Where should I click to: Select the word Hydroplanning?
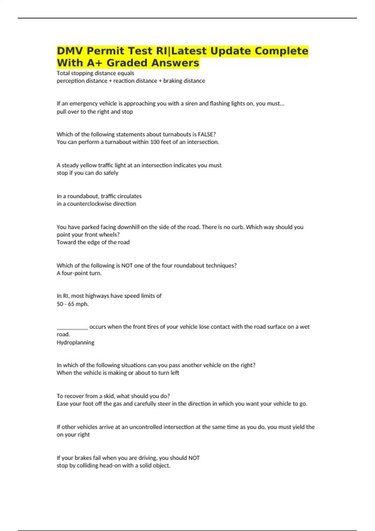(x=75, y=342)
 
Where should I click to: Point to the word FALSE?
(x=207, y=134)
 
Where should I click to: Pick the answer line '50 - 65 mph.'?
(x=72, y=304)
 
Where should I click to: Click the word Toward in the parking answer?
(x=65, y=242)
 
